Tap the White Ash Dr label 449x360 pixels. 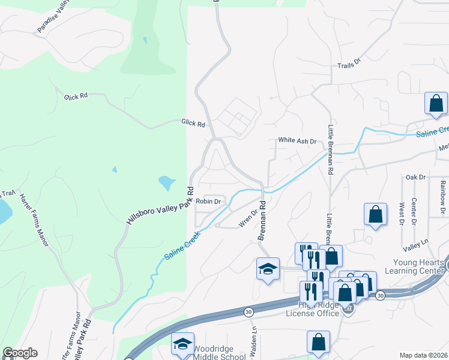pyautogui.click(x=297, y=140)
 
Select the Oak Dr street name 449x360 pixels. pyautogui.click(x=415, y=177)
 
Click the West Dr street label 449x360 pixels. pyautogui.click(x=400, y=213)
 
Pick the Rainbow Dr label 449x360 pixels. pyautogui.click(x=442, y=198)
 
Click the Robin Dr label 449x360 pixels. pyautogui.click(x=209, y=202)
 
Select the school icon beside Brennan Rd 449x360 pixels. pyautogui.click(x=268, y=269)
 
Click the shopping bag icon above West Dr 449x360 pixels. pyautogui.click(x=375, y=215)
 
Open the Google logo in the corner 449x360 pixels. pyautogui.click(x=20, y=353)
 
